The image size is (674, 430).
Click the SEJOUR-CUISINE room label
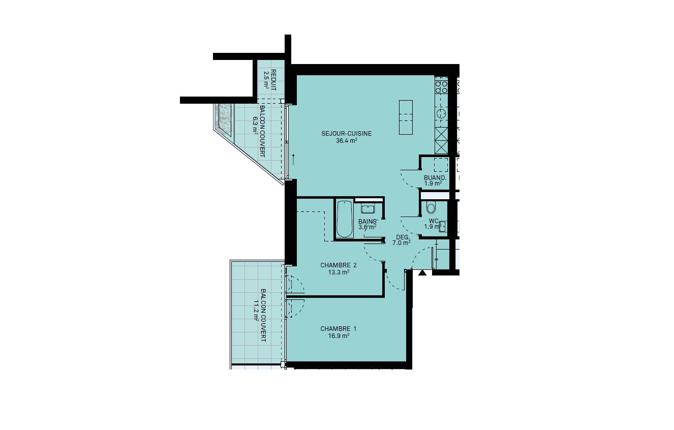pyautogui.click(x=346, y=133)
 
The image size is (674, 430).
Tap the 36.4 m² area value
pyautogui.click(x=346, y=140)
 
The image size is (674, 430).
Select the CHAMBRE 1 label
pyautogui.click(x=338, y=328)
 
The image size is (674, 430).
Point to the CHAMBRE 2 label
pyautogui.click(x=338, y=265)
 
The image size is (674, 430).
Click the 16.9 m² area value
pyautogui.click(x=339, y=335)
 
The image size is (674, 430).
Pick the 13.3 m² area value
pyautogui.click(x=339, y=272)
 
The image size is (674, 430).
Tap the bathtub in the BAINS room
pyautogui.click(x=345, y=219)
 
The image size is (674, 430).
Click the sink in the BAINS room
pyautogui.click(x=367, y=208)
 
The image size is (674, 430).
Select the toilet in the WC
pyautogui.click(x=431, y=208)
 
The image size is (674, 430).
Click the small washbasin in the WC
pyautogui.click(x=442, y=226)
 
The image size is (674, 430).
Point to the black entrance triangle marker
pyautogui.click(x=422, y=273)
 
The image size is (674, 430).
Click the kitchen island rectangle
pyautogui.click(x=406, y=117)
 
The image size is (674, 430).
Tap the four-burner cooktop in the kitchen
pyautogui.click(x=441, y=86)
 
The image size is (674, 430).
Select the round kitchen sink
pyautogui.click(x=441, y=114)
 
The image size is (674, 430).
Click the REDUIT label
pyautogui.click(x=273, y=80)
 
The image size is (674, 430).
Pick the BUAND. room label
pyautogui.click(x=435, y=177)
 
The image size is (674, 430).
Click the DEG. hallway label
pyautogui.click(x=403, y=237)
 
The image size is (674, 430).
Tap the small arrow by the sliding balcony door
pyautogui.click(x=293, y=160)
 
